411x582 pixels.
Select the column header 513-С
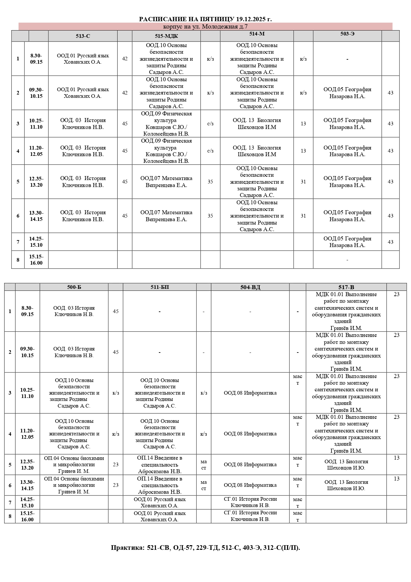(x=83, y=36)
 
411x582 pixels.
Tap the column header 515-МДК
(x=166, y=36)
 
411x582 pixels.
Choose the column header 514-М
(x=257, y=34)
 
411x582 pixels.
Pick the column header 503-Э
(x=347, y=34)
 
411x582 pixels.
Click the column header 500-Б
(x=74, y=287)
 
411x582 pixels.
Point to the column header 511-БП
(x=160, y=287)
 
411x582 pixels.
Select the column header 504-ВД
(x=250, y=287)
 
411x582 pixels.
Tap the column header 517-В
(x=346, y=287)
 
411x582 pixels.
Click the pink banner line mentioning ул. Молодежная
(x=205, y=27)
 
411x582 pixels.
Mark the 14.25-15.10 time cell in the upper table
(x=36, y=242)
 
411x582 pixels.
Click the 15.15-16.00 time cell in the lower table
(x=27, y=516)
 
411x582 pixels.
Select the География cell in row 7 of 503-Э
(x=347, y=242)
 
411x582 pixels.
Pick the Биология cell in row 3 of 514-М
(x=257, y=124)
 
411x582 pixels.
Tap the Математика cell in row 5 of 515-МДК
(x=166, y=182)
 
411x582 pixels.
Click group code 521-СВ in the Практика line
(x=158, y=548)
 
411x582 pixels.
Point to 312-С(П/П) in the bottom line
(x=282, y=548)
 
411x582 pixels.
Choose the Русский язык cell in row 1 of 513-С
(x=83, y=59)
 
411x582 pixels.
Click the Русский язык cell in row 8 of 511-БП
(x=160, y=516)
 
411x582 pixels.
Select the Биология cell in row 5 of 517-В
(x=346, y=465)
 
